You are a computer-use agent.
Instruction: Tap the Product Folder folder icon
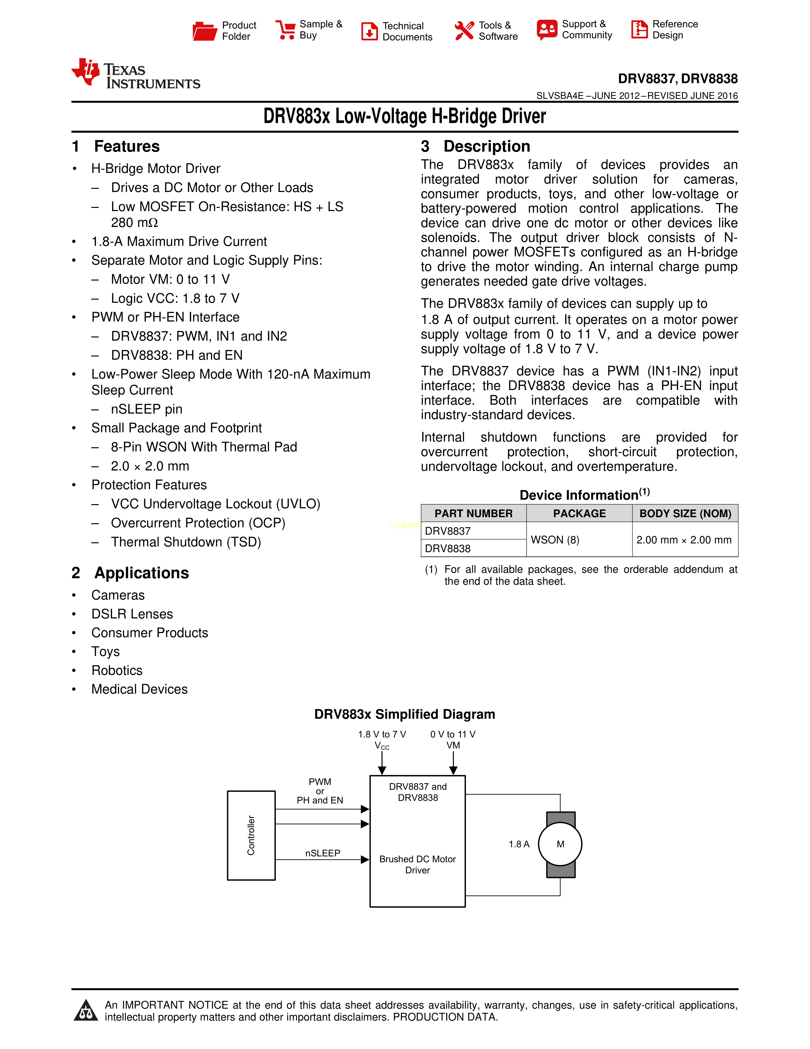click(205, 31)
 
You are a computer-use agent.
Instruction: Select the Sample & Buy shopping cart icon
click(285, 30)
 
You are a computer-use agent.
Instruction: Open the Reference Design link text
click(675, 30)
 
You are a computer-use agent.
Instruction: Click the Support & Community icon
click(547, 30)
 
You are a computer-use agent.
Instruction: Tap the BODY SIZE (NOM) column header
click(685, 513)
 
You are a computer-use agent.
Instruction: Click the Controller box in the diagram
click(251, 835)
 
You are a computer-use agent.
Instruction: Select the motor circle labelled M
click(560, 844)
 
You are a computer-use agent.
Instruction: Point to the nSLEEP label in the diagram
click(322, 853)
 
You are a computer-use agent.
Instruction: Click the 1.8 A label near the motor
click(519, 844)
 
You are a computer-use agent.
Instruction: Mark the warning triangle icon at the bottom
click(86, 1010)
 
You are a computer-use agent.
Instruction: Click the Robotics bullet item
click(117, 670)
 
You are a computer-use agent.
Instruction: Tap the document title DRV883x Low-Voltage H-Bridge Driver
click(404, 116)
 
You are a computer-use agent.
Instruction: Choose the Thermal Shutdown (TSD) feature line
click(186, 542)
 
